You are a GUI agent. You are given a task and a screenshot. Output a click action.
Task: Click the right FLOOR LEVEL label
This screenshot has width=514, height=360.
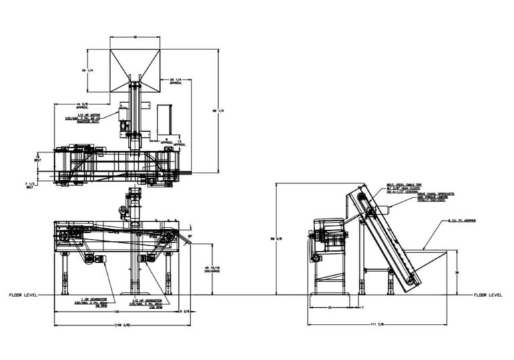click(488, 294)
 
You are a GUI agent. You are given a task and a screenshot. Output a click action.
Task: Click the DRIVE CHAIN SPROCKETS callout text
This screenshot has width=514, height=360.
click(436, 195)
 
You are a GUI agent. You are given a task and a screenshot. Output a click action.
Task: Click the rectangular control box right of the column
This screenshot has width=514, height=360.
click(165, 121)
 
